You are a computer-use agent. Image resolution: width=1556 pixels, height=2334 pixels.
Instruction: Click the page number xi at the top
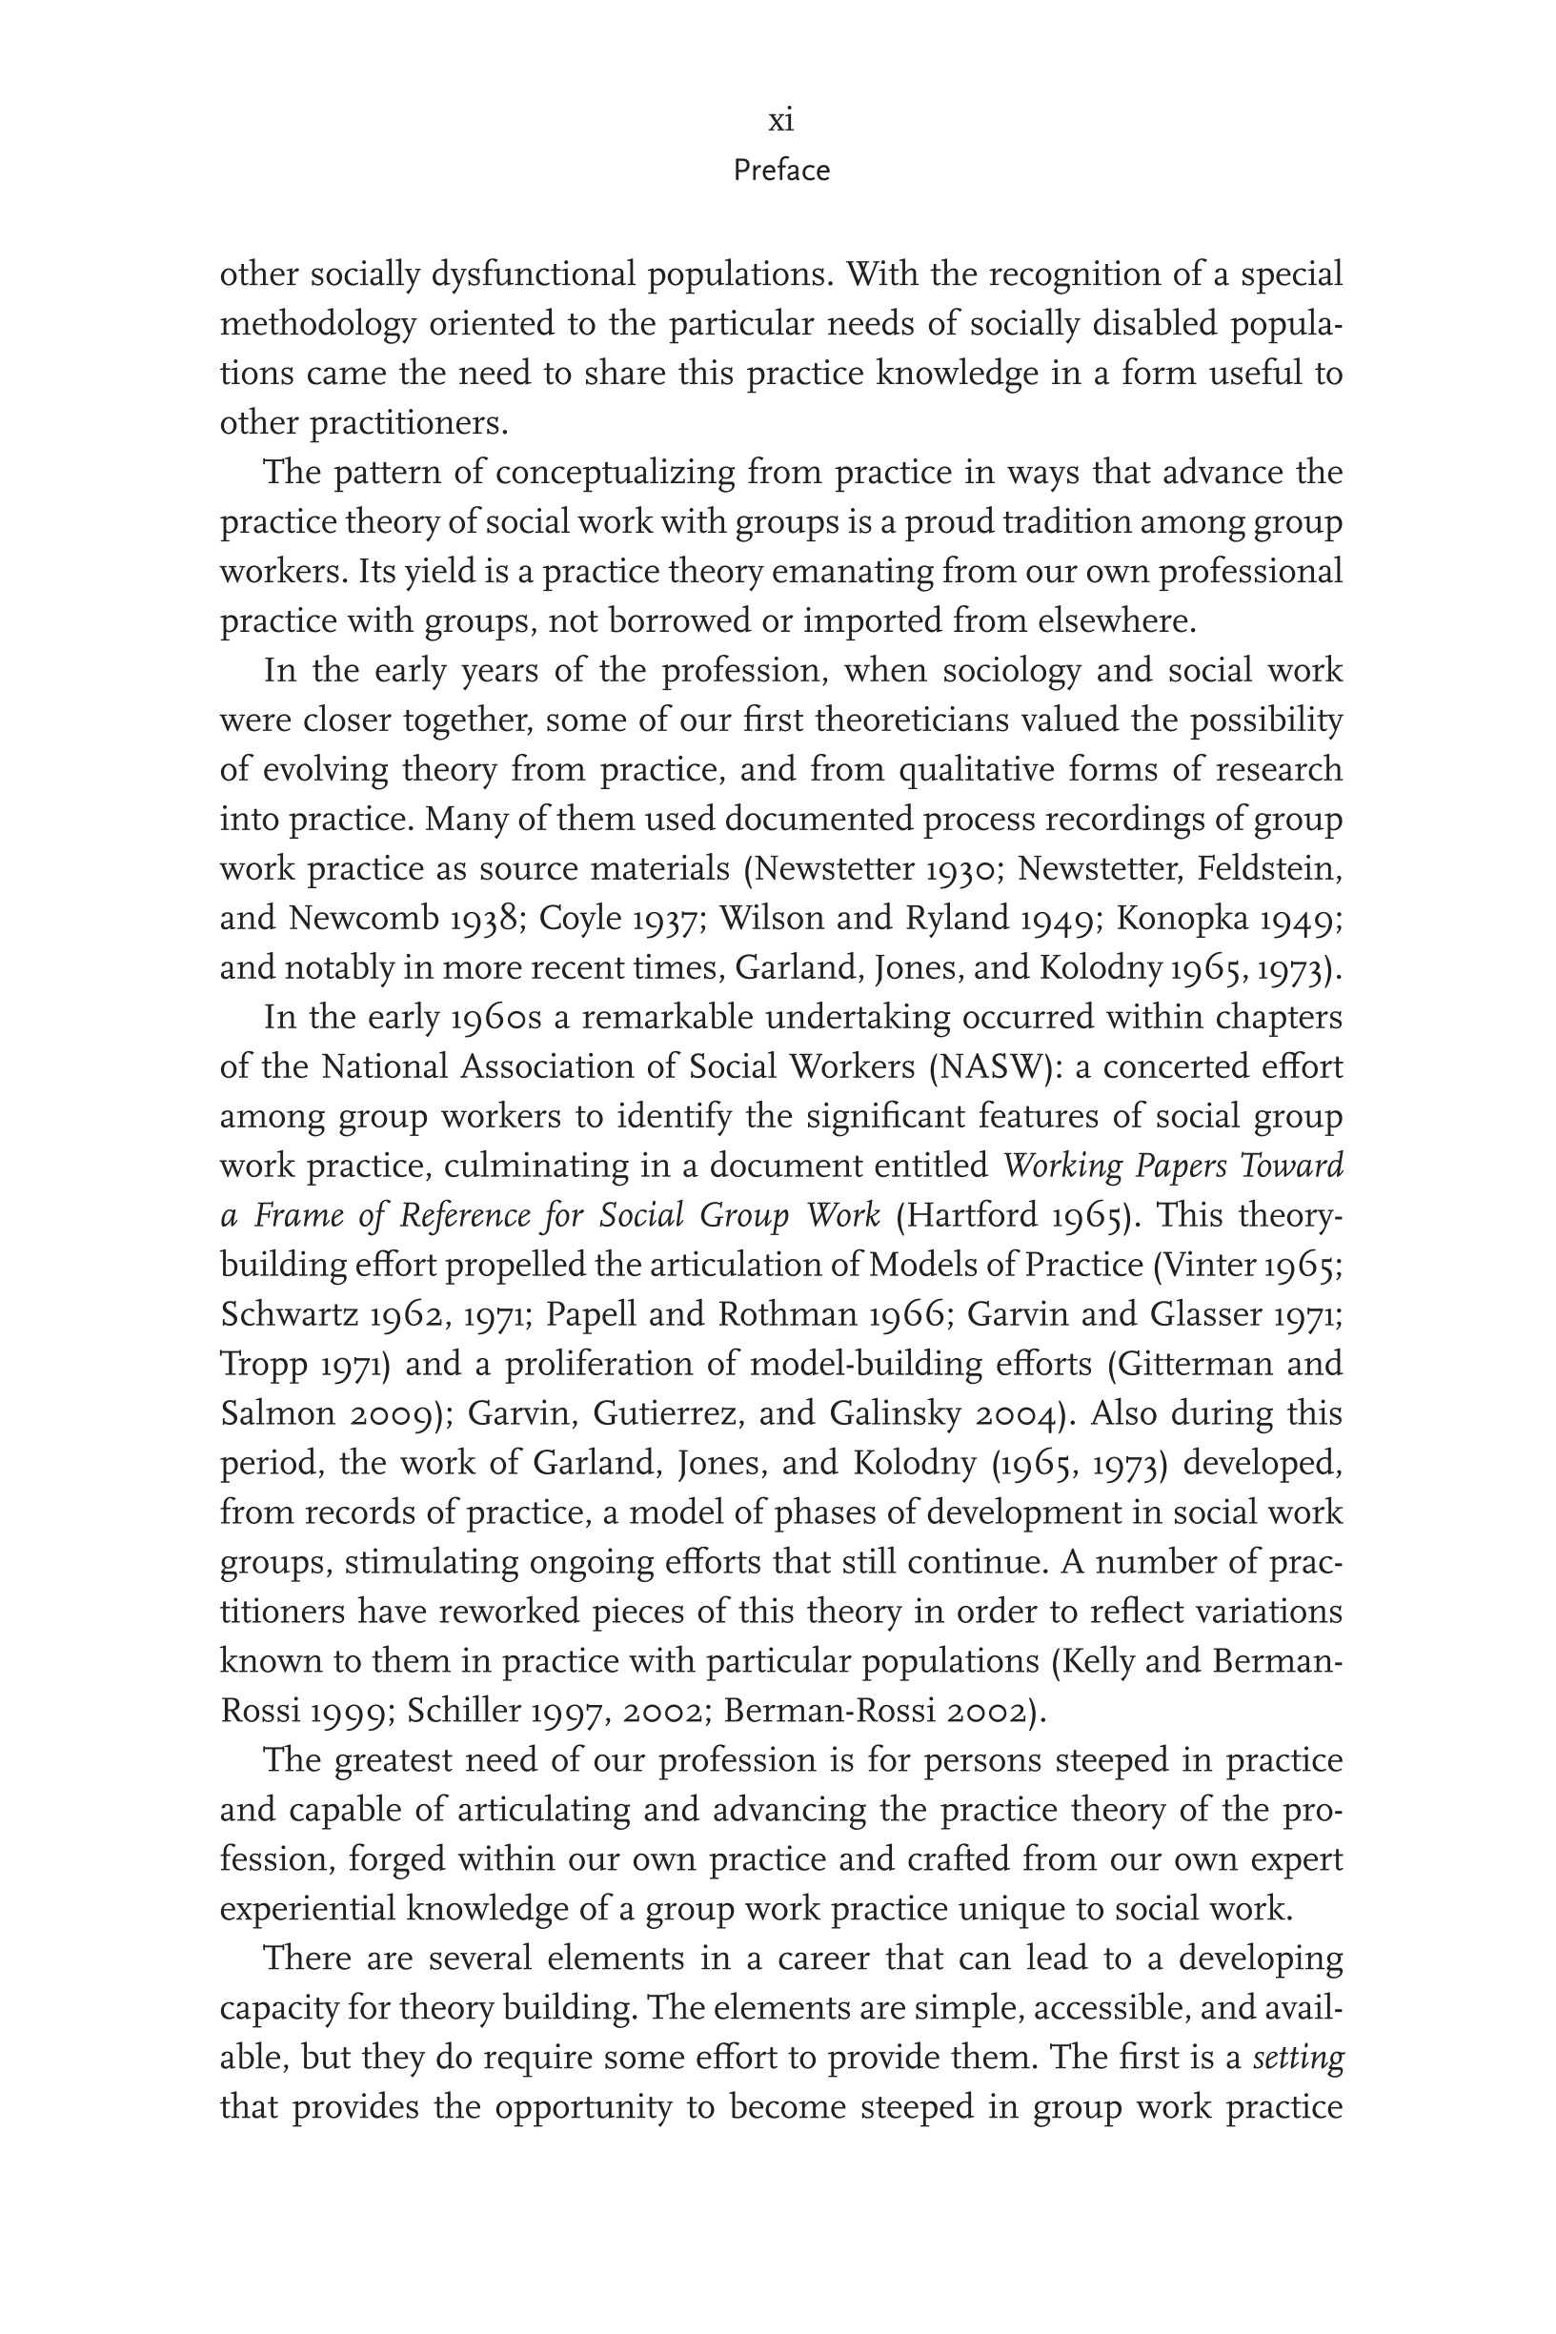[x=781, y=121]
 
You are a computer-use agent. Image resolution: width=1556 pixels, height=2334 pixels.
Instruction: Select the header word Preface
[x=781, y=171]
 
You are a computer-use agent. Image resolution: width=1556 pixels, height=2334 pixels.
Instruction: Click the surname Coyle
[x=574, y=919]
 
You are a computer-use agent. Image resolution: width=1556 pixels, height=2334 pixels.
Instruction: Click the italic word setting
[x=1298, y=2059]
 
